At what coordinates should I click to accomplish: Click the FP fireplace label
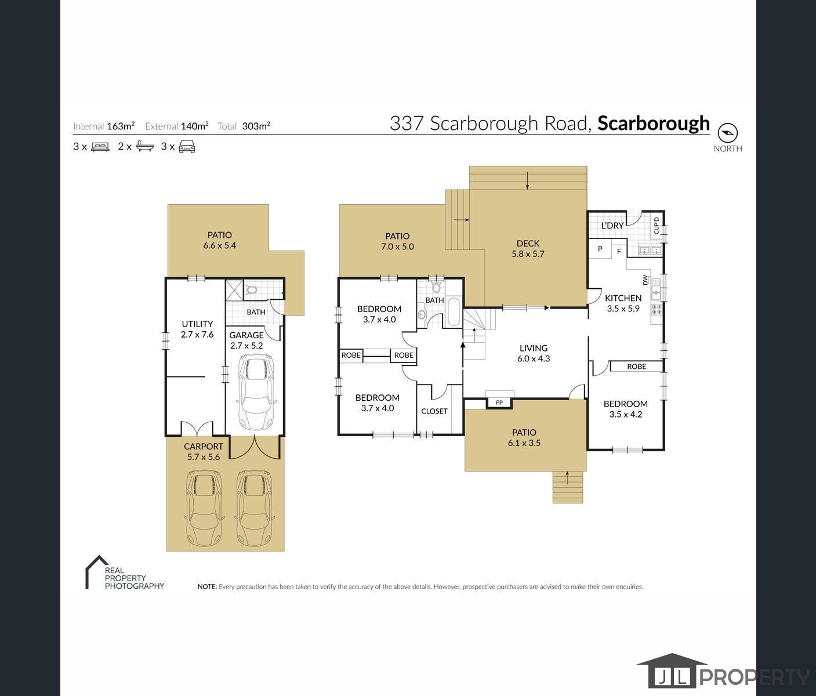click(x=499, y=403)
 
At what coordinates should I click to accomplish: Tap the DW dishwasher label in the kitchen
click(x=645, y=280)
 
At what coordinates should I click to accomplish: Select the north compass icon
click(x=727, y=133)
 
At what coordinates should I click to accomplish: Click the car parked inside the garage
click(x=256, y=393)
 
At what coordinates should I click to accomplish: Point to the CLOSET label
click(x=434, y=411)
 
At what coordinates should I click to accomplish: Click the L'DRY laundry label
click(x=612, y=226)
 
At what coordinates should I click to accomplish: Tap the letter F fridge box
click(x=619, y=252)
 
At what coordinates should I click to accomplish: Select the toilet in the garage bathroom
click(x=252, y=289)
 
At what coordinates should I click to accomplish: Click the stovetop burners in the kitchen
click(x=657, y=309)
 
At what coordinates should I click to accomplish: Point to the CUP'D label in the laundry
click(x=657, y=225)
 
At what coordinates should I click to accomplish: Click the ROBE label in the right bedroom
click(x=636, y=367)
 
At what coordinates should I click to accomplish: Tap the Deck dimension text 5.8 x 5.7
click(x=528, y=254)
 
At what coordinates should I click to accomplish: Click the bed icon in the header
click(x=100, y=147)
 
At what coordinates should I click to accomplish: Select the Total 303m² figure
click(x=256, y=126)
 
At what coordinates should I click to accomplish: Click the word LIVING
click(x=533, y=348)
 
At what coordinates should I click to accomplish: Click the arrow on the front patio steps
click(x=567, y=477)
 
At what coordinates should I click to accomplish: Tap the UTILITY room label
click(x=197, y=324)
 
